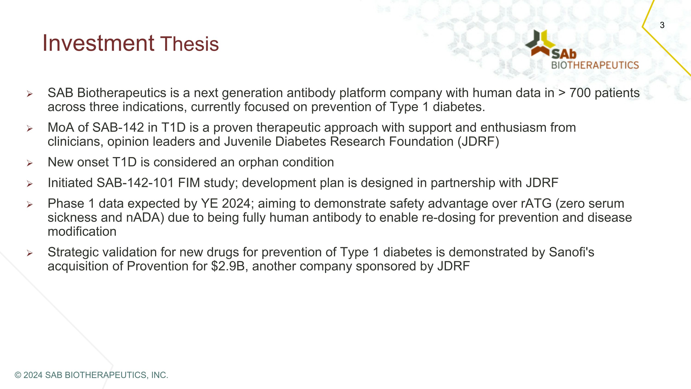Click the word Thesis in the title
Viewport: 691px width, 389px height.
[x=189, y=44]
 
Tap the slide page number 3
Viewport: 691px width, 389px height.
[x=662, y=25]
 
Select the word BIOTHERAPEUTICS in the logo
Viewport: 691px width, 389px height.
[x=595, y=65]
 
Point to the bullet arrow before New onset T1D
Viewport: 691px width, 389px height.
[x=29, y=163]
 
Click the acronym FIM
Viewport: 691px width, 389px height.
[x=189, y=183]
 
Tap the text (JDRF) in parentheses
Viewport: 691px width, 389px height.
[x=478, y=142]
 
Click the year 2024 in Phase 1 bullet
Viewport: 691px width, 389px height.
[x=236, y=204]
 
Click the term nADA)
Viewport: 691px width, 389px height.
[x=145, y=217]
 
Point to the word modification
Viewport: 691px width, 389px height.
[x=82, y=232]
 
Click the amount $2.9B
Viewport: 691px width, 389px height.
[x=228, y=266]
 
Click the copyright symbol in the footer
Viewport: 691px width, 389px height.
[x=18, y=375]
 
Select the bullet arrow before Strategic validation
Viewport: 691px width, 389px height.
[x=29, y=253]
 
